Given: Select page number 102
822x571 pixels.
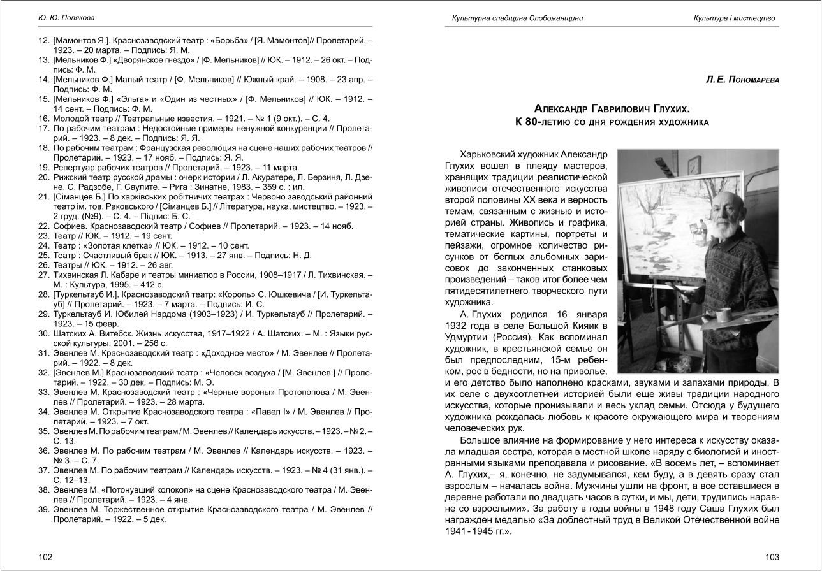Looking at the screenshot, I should [45, 557].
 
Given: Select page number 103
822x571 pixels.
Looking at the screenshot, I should [772, 557].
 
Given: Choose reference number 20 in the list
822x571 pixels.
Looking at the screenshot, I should [44, 176].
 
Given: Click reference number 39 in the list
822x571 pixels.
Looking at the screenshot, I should [44, 510].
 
